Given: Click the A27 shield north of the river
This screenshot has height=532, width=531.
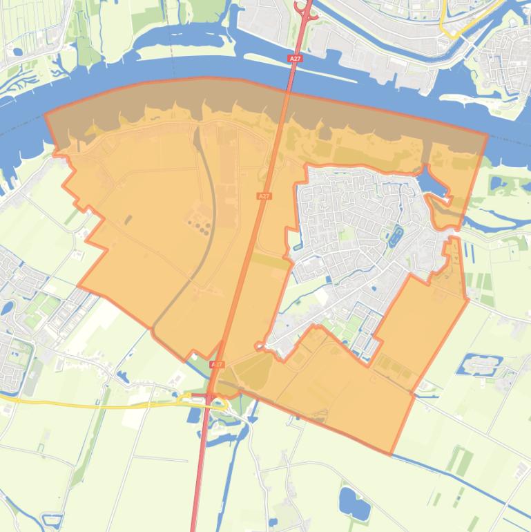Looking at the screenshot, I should tap(295, 59).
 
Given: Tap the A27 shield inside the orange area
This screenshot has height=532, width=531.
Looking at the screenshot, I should tap(263, 197).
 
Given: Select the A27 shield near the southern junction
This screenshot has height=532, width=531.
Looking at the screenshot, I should tap(217, 364).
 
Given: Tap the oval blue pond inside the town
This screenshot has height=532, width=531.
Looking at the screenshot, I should tap(396, 237).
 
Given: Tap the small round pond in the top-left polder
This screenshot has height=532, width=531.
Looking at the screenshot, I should tap(15, 51).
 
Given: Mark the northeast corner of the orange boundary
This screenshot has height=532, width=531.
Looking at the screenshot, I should tap(487, 135).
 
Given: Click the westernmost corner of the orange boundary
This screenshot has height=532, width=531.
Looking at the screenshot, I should tap(46, 114).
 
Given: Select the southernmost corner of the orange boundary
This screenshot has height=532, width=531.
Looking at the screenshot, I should tap(392, 454).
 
